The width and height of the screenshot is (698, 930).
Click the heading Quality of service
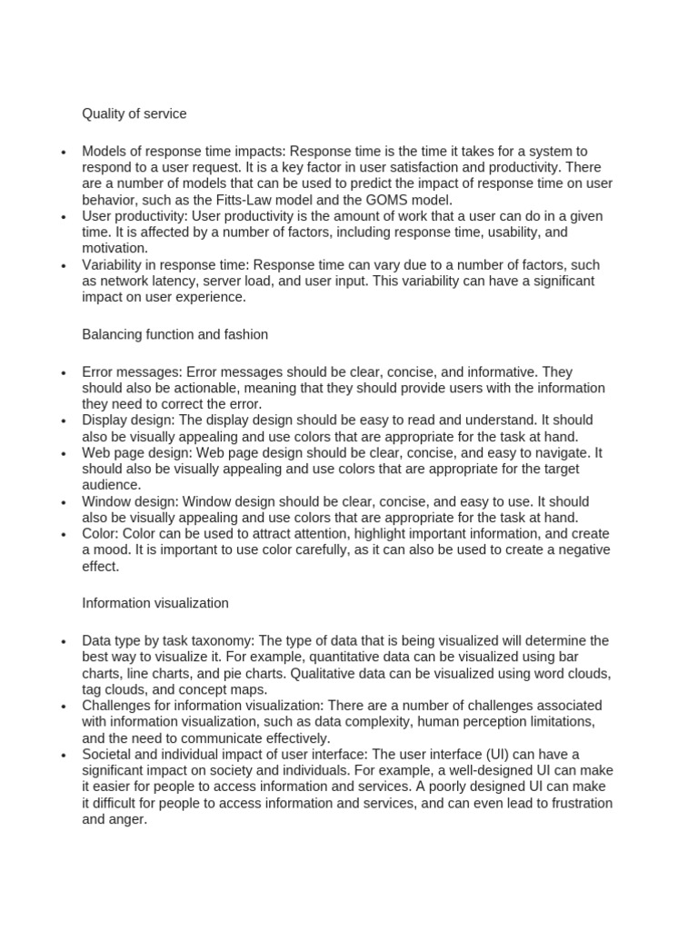click(x=135, y=114)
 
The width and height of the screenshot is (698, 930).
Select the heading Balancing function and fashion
click(x=174, y=334)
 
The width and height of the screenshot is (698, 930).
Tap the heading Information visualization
click(x=155, y=603)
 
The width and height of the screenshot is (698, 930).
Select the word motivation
click(x=115, y=248)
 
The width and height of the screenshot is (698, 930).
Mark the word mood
click(x=113, y=550)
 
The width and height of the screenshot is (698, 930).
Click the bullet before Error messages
click(x=63, y=372)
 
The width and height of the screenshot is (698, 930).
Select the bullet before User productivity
click(x=63, y=217)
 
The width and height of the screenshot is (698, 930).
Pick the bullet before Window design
click(x=63, y=502)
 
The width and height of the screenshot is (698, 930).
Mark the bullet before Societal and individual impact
click(x=63, y=755)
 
